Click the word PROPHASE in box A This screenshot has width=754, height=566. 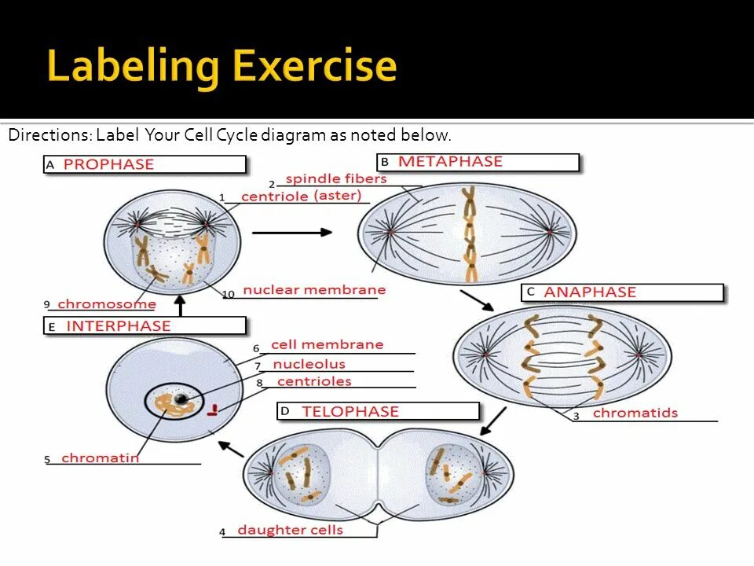click(108, 164)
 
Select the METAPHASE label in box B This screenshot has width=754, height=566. click(450, 161)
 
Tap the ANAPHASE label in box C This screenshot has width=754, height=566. click(590, 292)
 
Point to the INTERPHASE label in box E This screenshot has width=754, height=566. click(119, 325)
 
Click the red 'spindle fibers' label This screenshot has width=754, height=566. click(336, 179)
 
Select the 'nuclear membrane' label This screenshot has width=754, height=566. click(314, 289)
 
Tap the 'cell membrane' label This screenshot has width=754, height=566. click(327, 344)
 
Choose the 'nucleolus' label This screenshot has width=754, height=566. click(309, 364)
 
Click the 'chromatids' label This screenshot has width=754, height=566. click(635, 413)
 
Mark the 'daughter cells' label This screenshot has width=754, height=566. click(290, 530)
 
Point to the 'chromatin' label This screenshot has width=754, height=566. click(100, 458)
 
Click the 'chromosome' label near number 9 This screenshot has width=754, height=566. click(107, 304)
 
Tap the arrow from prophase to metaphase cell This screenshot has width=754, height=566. click(291, 232)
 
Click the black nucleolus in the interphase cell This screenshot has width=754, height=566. click(181, 400)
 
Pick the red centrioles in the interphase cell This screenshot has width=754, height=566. click(212, 410)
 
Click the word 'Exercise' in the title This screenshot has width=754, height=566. click(314, 67)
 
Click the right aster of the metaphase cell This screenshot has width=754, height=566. click(550, 233)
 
